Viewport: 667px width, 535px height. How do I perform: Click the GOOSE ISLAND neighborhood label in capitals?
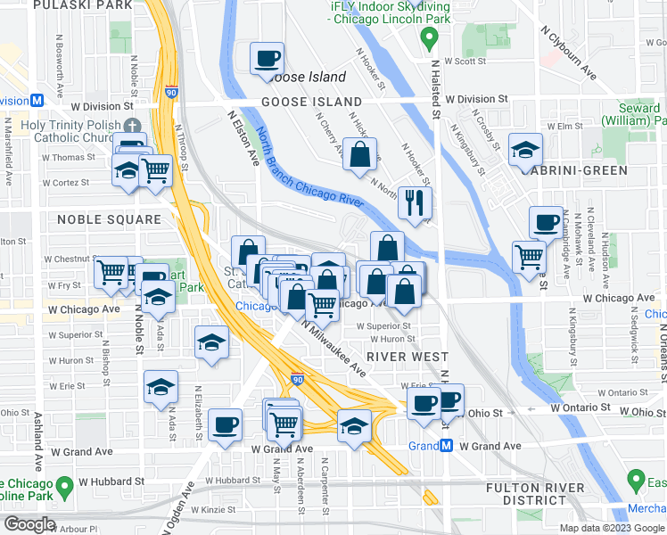311,103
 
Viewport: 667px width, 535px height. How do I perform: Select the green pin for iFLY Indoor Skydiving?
429,38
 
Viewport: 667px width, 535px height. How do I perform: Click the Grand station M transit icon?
446,446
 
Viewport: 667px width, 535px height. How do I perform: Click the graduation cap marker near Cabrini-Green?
526,149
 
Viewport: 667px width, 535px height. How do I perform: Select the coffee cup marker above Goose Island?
266,60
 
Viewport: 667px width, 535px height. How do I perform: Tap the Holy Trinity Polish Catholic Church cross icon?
133,126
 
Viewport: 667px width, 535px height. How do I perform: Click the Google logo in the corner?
29,524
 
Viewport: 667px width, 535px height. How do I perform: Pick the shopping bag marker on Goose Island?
358,154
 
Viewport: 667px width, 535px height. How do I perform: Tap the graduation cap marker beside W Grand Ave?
354,425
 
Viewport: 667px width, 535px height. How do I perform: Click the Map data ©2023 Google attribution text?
612,527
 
